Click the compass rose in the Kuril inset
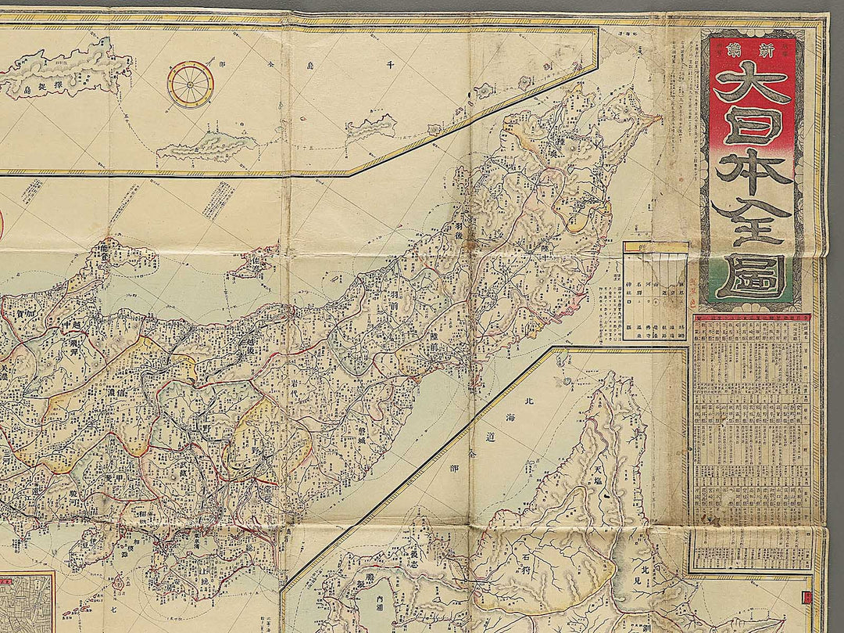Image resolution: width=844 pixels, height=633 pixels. click(190, 84)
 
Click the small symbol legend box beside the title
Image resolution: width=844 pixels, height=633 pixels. click(655, 291)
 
